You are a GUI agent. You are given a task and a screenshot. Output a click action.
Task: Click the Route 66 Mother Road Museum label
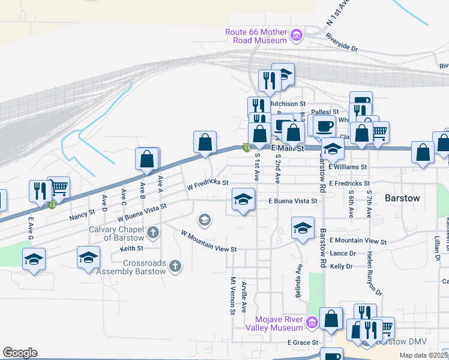click(256, 36)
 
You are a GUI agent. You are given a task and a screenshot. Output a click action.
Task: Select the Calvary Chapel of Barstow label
click(117, 232)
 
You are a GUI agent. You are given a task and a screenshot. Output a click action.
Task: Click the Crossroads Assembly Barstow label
click(144, 267)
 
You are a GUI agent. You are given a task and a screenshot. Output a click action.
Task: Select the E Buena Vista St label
click(292, 201)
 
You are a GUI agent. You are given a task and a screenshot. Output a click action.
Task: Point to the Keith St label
click(131, 248)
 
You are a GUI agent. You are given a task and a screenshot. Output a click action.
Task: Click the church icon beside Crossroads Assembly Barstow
click(175, 265)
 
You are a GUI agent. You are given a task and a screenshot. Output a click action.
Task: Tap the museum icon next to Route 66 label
click(295, 36)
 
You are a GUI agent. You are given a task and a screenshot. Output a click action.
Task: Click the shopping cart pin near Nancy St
click(58, 188)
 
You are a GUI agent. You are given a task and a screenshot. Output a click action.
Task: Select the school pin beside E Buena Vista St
click(244, 200)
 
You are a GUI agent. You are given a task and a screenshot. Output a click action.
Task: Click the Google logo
click(20, 353)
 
